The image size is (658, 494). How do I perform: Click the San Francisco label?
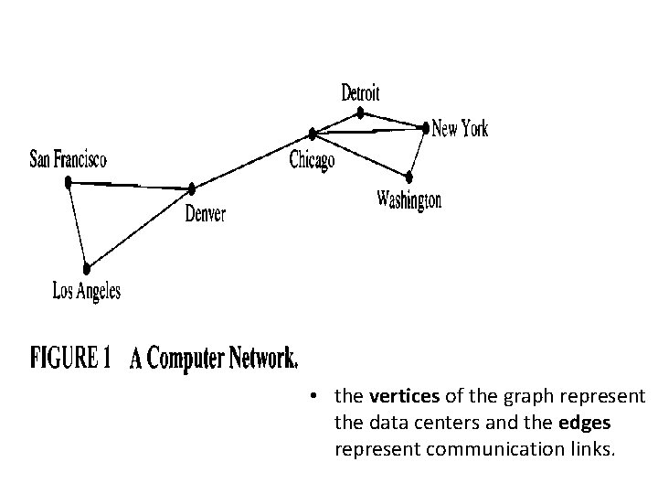coord(69,159)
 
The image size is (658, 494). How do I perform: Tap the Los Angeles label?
coord(87,292)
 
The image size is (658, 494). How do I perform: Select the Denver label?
coord(206,215)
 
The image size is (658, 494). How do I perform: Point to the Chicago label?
coord(312,161)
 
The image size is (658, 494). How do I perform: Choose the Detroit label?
coord(360,92)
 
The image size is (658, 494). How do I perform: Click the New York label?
coord(460,129)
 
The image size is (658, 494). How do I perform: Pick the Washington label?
coord(409,200)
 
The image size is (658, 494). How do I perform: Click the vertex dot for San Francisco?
coord(69,182)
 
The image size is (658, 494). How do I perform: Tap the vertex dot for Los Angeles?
coord(87,269)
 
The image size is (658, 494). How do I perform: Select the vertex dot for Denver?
coord(192,188)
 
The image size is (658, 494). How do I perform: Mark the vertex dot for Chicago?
coord(313,134)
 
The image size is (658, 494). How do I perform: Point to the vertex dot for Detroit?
coord(361,113)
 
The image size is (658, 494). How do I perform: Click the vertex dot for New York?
coord(425,126)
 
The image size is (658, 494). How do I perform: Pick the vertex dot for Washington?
coord(409,175)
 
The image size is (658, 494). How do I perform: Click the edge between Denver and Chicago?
coord(253,161)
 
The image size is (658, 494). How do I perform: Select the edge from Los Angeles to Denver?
coord(139,229)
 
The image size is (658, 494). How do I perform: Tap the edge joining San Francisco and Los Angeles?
coord(78,226)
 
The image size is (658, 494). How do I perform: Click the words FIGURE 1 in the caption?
coord(71,359)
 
